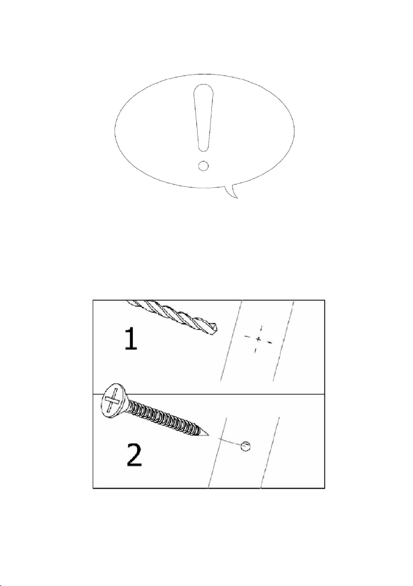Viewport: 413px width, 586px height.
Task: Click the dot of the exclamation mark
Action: coord(203,165)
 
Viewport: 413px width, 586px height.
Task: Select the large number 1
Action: coord(131,338)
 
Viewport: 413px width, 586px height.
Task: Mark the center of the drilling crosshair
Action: coord(258,339)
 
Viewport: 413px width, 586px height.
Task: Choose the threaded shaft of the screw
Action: coord(164,418)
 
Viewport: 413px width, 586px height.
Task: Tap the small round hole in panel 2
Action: coord(245,446)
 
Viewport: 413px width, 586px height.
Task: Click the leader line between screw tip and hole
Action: coord(230,441)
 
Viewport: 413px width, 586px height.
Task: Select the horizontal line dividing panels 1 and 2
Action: coord(208,393)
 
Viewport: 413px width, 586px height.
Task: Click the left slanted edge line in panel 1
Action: coord(231,341)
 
